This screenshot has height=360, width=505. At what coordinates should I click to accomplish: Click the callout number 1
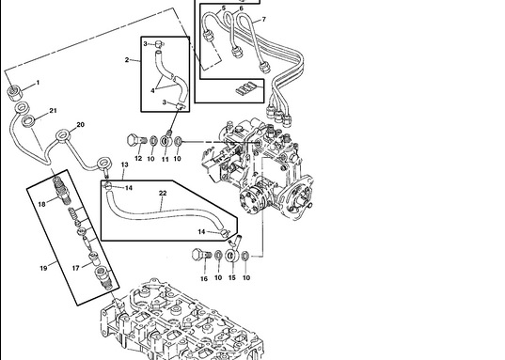(x=38, y=83)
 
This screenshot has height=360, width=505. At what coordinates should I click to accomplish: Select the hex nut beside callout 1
(x=14, y=92)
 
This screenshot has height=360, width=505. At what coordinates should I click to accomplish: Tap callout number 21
(x=54, y=111)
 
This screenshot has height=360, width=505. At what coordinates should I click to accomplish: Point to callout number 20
(x=80, y=125)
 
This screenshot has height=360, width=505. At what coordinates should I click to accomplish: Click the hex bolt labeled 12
(x=136, y=141)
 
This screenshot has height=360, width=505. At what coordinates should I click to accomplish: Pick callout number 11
(x=166, y=159)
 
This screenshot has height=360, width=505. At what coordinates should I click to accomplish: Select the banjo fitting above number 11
(x=166, y=140)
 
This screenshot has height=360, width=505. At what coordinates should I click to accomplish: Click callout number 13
(x=125, y=164)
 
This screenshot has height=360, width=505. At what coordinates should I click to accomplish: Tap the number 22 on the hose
(x=163, y=193)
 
